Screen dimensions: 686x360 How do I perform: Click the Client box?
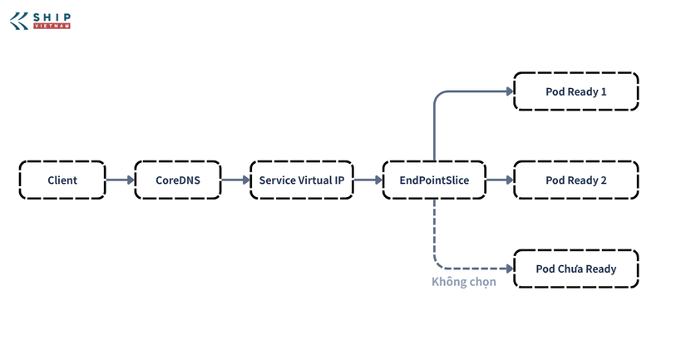[x=62, y=180]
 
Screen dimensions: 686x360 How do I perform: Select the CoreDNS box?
[x=178, y=180]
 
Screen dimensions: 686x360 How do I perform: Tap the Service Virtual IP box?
[x=302, y=180]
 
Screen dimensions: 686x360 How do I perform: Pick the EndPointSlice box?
[x=434, y=180]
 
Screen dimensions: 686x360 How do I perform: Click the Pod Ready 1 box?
[x=575, y=91]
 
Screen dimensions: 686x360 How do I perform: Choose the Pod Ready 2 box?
[x=575, y=180]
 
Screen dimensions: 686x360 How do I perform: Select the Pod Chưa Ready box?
[x=575, y=269]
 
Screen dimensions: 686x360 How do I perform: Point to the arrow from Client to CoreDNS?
[x=120, y=180]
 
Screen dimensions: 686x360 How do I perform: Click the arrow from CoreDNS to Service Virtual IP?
[x=235, y=180]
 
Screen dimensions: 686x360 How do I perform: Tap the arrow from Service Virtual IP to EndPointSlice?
[x=368, y=180]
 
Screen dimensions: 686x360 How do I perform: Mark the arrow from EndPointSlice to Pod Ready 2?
[x=500, y=180]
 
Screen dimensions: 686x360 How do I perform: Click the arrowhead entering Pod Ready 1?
[x=510, y=91]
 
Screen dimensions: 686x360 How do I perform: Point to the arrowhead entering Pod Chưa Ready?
[x=510, y=269]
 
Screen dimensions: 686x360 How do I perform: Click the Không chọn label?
[x=464, y=282]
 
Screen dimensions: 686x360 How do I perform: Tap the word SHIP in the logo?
[x=52, y=17]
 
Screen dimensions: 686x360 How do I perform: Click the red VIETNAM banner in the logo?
[x=52, y=27]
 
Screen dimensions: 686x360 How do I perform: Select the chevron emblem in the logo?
[x=19, y=21]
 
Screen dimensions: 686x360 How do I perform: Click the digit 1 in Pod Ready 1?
[x=604, y=91]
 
